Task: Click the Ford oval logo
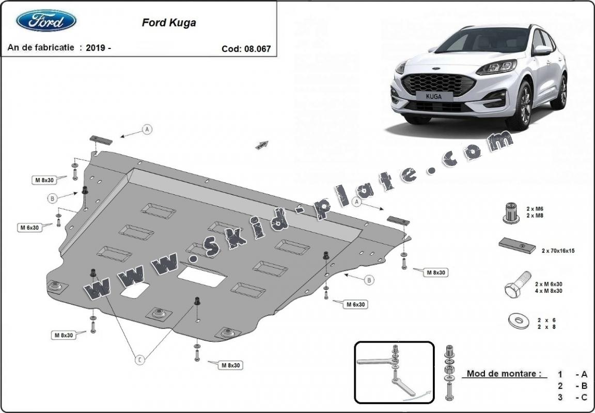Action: point(46,21)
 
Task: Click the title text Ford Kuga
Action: point(169,23)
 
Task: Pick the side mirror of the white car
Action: point(542,50)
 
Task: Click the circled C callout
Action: point(139,360)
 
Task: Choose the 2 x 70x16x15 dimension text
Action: point(558,251)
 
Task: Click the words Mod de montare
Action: point(504,373)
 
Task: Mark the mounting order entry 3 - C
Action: point(573,397)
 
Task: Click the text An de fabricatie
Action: point(41,47)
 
